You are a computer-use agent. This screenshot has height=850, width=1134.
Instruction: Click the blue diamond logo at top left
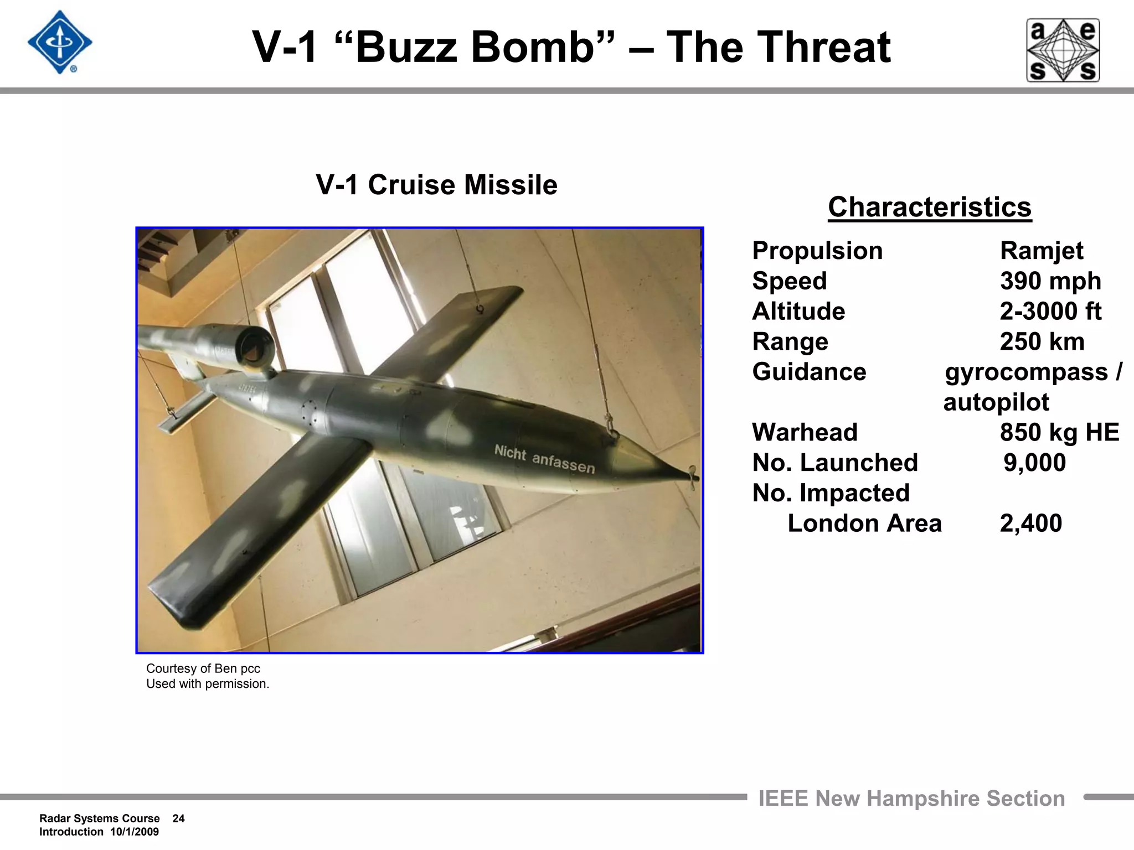coord(60,43)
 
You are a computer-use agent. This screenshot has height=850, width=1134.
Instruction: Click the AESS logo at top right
coord(1063,50)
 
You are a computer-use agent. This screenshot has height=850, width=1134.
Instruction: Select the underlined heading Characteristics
coord(930,208)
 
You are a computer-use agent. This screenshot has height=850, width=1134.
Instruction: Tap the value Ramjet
coord(1041,251)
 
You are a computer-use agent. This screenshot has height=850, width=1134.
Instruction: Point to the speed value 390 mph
coord(1050,281)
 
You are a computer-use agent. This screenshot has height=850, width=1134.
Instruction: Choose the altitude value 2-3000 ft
coord(1050,312)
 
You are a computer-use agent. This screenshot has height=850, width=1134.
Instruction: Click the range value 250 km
coord(1042,342)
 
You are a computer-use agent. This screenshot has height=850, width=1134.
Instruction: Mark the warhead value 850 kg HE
coord(1059,433)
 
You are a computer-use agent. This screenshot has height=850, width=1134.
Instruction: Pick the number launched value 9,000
coord(1034,463)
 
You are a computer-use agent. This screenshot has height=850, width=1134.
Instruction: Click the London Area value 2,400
coord(1030,524)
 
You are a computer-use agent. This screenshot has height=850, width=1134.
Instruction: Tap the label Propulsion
coord(817,251)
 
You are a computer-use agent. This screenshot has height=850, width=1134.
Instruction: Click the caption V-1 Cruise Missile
coord(436,185)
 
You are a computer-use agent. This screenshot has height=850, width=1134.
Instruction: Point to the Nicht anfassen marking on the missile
coord(544,459)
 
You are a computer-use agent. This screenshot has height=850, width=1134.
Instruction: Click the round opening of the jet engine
coord(255,346)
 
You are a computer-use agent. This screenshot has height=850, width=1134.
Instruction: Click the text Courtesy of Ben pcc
coord(203,668)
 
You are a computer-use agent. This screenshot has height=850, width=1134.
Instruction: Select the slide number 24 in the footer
coord(178,818)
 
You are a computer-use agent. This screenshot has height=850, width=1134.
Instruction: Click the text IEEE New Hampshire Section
coord(911,799)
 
